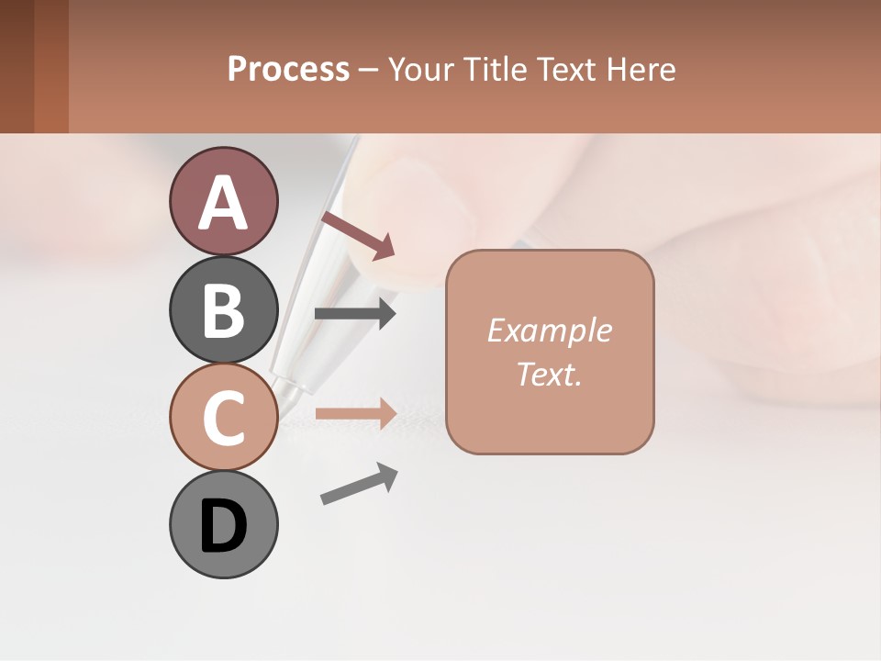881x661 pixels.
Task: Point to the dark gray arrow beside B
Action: (355, 314)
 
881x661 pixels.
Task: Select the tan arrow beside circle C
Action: (355, 413)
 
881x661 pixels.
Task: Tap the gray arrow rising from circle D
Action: (359, 484)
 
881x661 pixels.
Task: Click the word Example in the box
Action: (550, 330)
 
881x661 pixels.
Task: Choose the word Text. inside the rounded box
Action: (550, 374)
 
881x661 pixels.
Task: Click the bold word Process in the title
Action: (288, 69)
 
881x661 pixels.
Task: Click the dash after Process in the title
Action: (369, 70)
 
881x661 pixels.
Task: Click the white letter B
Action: (223, 310)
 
